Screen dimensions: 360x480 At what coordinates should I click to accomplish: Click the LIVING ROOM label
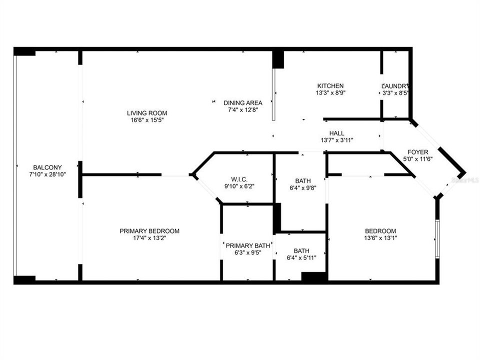[147, 113]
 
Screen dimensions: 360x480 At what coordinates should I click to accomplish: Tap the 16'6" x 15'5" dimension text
[147, 120]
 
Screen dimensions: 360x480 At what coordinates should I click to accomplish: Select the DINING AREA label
[242, 103]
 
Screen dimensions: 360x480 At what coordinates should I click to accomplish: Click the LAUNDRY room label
[396, 86]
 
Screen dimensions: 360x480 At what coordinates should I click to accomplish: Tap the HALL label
[336, 133]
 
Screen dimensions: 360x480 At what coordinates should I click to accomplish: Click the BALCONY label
[47, 167]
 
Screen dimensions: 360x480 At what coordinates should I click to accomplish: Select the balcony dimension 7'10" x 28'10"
[47, 174]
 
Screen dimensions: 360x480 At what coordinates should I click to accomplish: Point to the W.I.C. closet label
[239, 179]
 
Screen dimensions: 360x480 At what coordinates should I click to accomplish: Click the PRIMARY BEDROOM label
[149, 231]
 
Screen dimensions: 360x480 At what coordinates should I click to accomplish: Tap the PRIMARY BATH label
[248, 245]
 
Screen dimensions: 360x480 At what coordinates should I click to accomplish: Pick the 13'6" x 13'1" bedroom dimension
[380, 238]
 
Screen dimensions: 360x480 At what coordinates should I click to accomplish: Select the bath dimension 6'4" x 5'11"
[301, 258]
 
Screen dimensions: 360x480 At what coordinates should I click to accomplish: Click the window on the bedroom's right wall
[437, 239]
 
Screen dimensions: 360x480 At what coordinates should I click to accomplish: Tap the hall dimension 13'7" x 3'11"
[336, 140]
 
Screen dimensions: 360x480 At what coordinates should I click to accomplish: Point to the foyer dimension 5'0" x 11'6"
[417, 158]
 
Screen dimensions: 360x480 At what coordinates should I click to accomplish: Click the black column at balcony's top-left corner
[24, 51]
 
